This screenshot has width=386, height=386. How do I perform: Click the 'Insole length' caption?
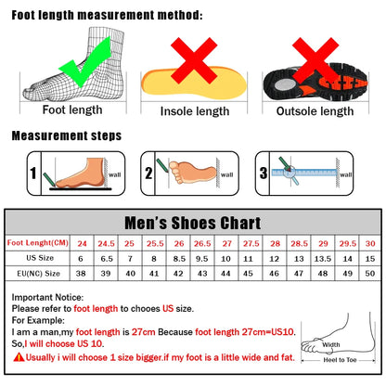pyautogui.click(x=195, y=111)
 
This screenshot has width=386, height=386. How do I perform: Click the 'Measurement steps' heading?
pyautogui.click(x=66, y=135)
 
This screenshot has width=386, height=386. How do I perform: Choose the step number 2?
pyautogui.click(x=148, y=173)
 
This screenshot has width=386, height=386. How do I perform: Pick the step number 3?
pyautogui.click(x=263, y=173)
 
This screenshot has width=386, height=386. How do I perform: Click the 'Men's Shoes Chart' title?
pyautogui.click(x=193, y=223)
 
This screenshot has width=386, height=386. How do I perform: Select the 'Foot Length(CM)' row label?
pyautogui.click(x=38, y=242)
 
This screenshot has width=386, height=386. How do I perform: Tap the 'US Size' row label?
pyautogui.click(x=38, y=258)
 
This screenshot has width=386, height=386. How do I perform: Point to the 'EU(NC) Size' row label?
pyautogui.click(x=38, y=274)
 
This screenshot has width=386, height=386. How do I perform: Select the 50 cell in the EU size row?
pyautogui.click(x=368, y=274)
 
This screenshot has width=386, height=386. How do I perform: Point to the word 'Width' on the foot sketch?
pyautogui.click(x=331, y=347)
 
